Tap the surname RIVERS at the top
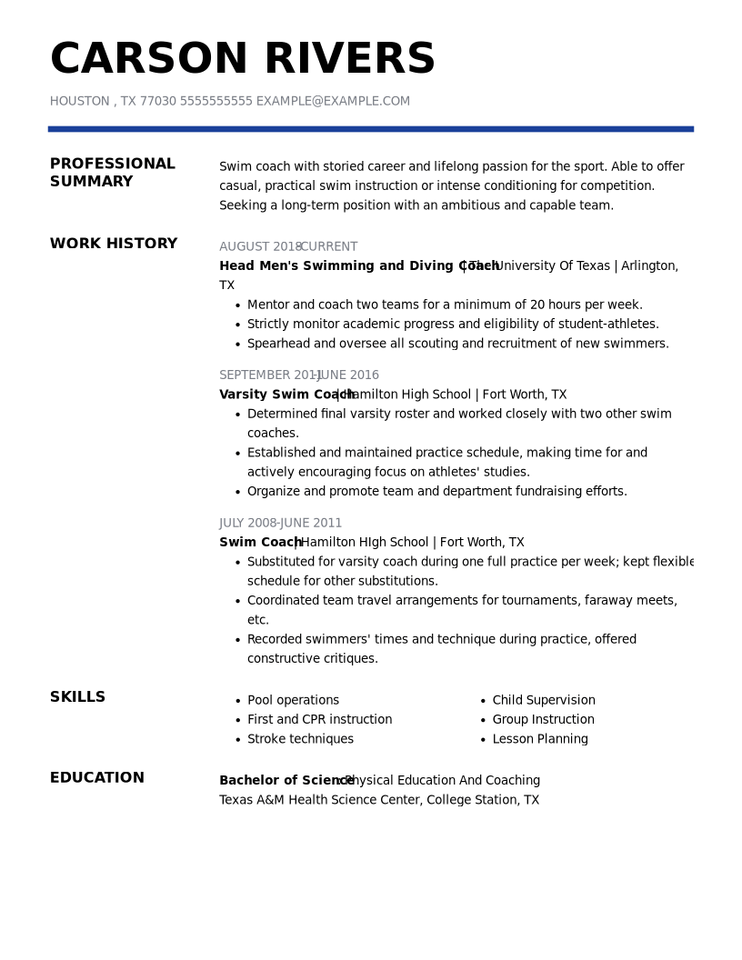pos(350,60)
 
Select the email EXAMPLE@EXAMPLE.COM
pos(333,101)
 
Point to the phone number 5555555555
pos(216,101)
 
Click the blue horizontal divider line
pos(370,129)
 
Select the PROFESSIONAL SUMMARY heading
pos(112,173)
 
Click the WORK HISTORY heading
pos(114,244)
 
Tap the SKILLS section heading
pos(77,697)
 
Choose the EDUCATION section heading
pos(97,778)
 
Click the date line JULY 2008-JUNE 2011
pos(280,523)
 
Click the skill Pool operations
pos(293,700)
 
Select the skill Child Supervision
pos(544,700)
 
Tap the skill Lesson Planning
pos(540,739)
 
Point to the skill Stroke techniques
pos(300,739)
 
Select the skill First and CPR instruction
pos(319,719)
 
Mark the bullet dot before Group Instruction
pos(484,721)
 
